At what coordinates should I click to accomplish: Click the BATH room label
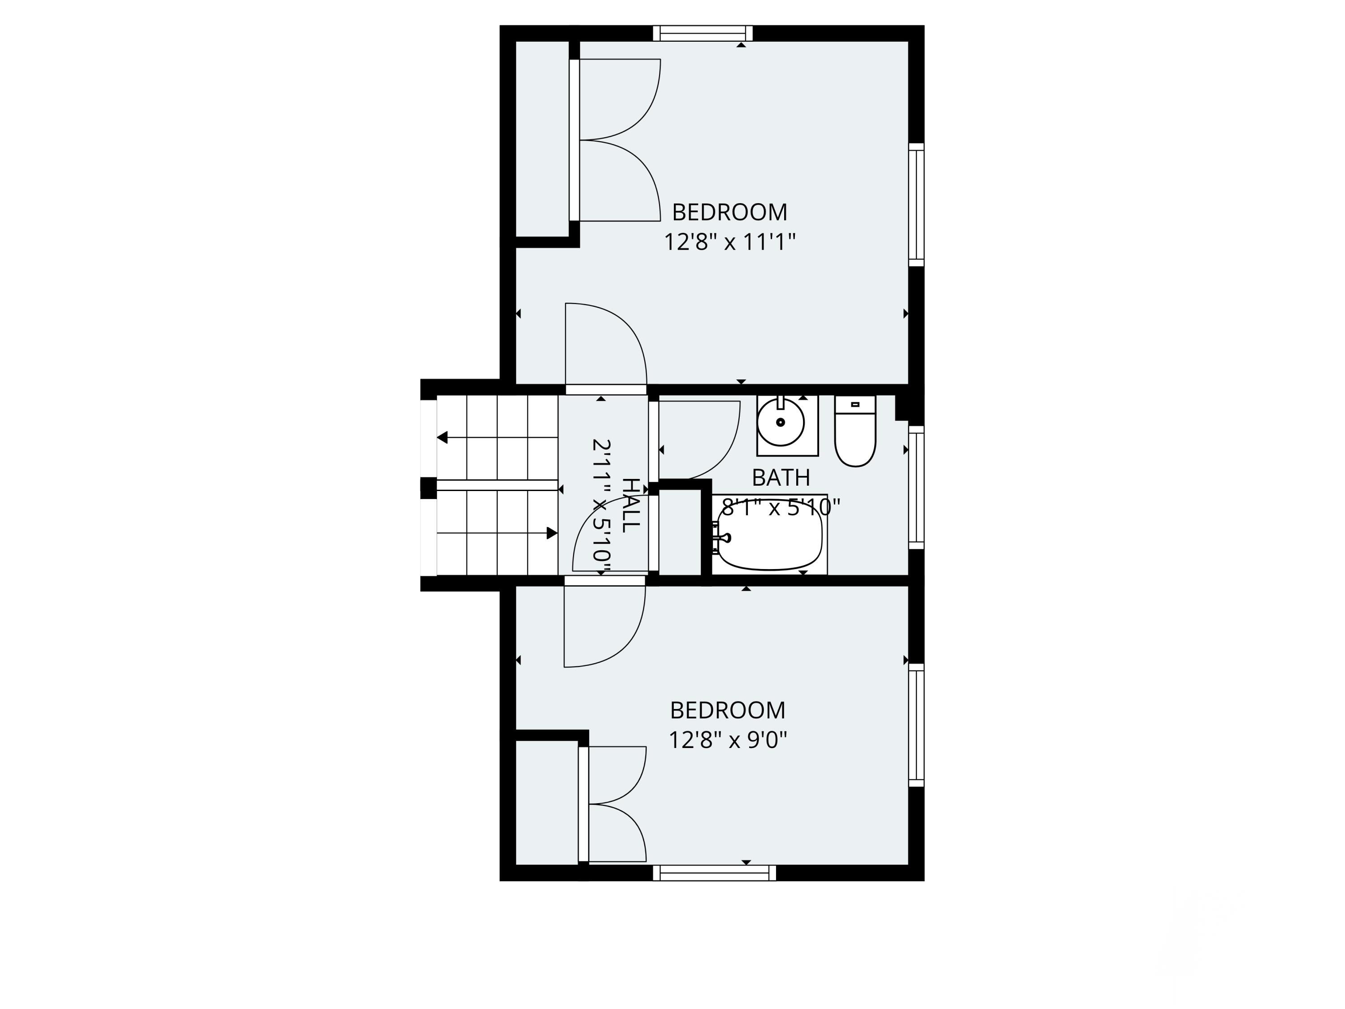(x=781, y=478)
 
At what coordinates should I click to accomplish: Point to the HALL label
(x=631, y=505)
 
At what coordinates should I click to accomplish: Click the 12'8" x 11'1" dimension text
(x=729, y=242)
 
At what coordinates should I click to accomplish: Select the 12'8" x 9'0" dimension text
(x=728, y=740)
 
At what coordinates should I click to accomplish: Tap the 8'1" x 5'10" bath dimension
(x=781, y=507)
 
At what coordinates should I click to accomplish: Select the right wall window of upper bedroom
(x=916, y=205)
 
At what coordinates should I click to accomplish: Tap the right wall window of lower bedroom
(x=916, y=725)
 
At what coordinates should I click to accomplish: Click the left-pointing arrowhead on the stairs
(x=442, y=437)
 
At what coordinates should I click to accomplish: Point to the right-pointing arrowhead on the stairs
(x=552, y=533)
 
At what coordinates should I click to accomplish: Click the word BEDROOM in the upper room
(x=729, y=212)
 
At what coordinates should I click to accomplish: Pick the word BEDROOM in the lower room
(x=728, y=710)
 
